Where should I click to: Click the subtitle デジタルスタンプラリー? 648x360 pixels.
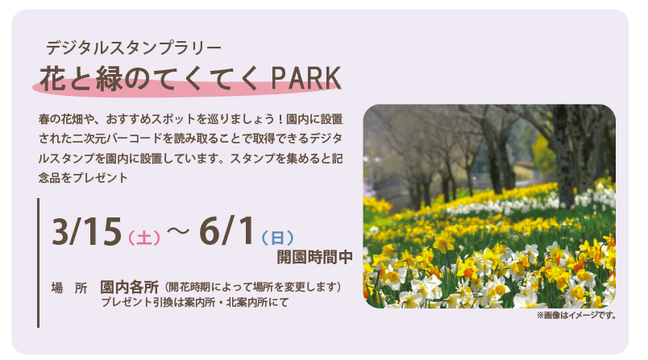pyautogui.click(x=134, y=48)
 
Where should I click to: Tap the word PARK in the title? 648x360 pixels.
pyautogui.click(x=305, y=78)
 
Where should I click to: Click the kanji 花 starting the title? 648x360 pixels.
pyautogui.click(x=53, y=78)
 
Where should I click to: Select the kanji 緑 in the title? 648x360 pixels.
pyautogui.click(x=109, y=78)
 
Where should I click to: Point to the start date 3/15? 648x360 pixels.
pyautogui.click(x=87, y=232)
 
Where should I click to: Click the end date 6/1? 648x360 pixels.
pyautogui.click(x=227, y=231)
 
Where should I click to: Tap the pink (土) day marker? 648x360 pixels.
pyautogui.click(x=144, y=238)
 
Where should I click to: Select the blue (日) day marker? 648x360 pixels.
pyautogui.click(x=278, y=238)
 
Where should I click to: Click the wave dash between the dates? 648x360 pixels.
pyautogui.click(x=178, y=232)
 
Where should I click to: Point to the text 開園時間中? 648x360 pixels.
pyautogui.click(x=314, y=257)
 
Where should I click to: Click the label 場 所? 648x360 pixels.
pyautogui.click(x=69, y=288)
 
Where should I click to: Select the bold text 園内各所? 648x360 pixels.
pyautogui.click(x=129, y=287)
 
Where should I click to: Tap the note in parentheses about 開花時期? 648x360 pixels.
pyautogui.click(x=252, y=287)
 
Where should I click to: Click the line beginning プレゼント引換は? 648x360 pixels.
pyautogui.click(x=195, y=303)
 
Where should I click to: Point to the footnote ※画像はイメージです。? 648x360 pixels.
pyautogui.click(x=577, y=316)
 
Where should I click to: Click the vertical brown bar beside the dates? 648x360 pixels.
pyautogui.click(x=39, y=263)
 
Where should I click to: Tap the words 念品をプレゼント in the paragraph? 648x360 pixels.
pyautogui.click(x=83, y=178)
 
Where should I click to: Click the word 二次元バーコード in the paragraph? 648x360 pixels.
pyautogui.click(x=118, y=139)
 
